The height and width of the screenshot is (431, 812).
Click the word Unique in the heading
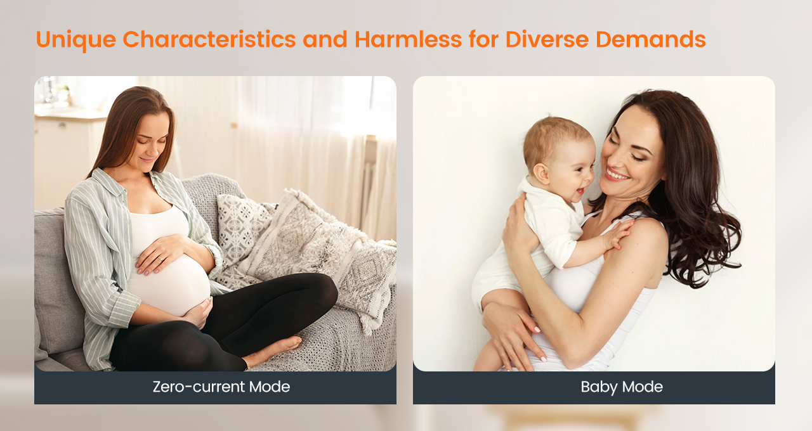point(75,40)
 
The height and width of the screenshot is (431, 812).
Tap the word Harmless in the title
point(408,39)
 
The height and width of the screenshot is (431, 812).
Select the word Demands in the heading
point(651,39)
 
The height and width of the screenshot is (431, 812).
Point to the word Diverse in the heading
point(547,39)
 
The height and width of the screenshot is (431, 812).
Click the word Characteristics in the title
point(209,39)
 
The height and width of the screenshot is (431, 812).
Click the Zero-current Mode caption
point(221,387)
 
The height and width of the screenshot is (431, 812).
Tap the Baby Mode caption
point(622,387)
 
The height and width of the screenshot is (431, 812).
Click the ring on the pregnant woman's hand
point(160,259)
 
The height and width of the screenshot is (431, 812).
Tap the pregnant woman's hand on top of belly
point(159,254)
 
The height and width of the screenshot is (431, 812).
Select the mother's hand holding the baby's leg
point(514,335)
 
